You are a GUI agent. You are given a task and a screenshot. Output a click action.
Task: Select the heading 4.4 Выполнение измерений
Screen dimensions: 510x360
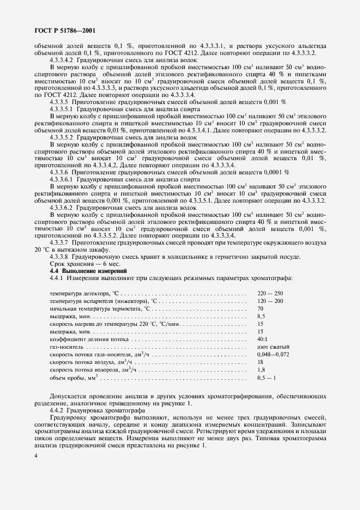click(88, 270)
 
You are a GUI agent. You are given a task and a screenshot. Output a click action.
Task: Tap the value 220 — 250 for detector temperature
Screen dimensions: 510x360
click(270, 294)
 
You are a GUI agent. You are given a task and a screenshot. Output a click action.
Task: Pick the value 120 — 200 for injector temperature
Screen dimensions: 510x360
click(270, 301)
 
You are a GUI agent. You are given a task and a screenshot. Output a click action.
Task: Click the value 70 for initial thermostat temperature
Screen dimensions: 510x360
click(260, 308)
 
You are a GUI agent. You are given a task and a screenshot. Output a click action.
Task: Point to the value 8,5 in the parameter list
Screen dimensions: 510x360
click(260, 316)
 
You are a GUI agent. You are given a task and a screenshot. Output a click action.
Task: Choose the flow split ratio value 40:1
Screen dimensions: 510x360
click(263, 339)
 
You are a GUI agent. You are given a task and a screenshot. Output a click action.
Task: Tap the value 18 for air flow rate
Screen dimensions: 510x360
click(260, 362)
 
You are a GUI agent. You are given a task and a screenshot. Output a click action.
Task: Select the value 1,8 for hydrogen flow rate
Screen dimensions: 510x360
click(260, 369)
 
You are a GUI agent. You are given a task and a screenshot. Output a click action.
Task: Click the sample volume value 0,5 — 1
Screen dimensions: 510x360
click(266, 377)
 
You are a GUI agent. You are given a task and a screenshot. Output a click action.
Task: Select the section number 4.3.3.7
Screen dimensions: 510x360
click(58, 241)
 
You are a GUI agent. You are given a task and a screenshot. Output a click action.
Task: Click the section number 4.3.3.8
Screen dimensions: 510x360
click(58, 256)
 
